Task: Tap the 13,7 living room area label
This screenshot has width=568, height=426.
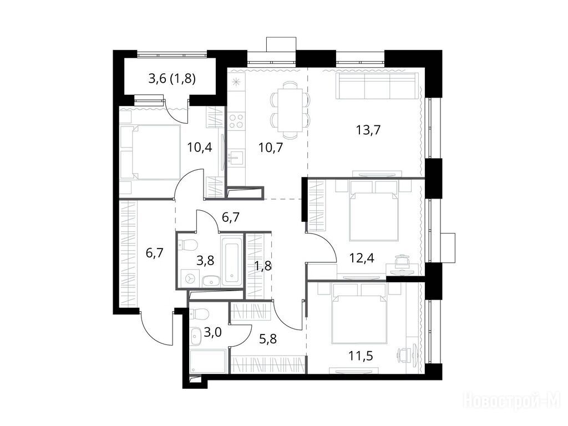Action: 368,130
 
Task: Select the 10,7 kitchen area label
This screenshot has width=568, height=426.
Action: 271,148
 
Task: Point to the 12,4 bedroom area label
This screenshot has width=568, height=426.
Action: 362,258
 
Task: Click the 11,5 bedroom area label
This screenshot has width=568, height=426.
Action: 361,356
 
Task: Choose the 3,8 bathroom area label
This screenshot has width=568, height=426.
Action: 205,260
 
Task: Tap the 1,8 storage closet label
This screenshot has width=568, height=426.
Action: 262,266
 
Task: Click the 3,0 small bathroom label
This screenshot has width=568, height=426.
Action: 212,332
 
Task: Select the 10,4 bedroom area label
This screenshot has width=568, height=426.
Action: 200,148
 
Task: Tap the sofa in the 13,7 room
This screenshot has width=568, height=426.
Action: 377,86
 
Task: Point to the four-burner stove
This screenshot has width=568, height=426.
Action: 236,120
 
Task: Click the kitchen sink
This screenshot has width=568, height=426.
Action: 236,158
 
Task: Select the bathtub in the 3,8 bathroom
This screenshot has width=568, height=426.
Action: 232,260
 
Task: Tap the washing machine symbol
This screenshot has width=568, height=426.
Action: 190,278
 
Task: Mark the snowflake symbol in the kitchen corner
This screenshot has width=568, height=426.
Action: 236,82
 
